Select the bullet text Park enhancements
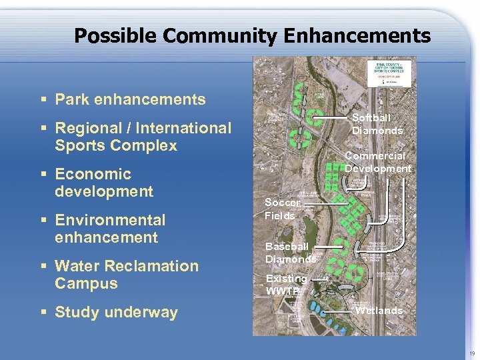(x=130, y=100)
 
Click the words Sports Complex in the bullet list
(x=116, y=145)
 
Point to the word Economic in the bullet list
(x=93, y=174)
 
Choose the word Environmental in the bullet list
(x=110, y=220)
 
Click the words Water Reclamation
(x=127, y=266)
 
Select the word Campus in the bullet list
(x=86, y=283)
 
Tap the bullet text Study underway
(x=116, y=312)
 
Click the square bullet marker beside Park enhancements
(x=43, y=101)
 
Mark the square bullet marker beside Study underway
(x=43, y=313)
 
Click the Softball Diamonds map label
(x=377, y=124)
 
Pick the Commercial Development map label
(x=378, y=162)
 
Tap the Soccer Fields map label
(x=281, y=209)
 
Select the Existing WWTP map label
(x=286, y=285)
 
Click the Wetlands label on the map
(x=379, y=311)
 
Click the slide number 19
(x=472, y=353)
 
